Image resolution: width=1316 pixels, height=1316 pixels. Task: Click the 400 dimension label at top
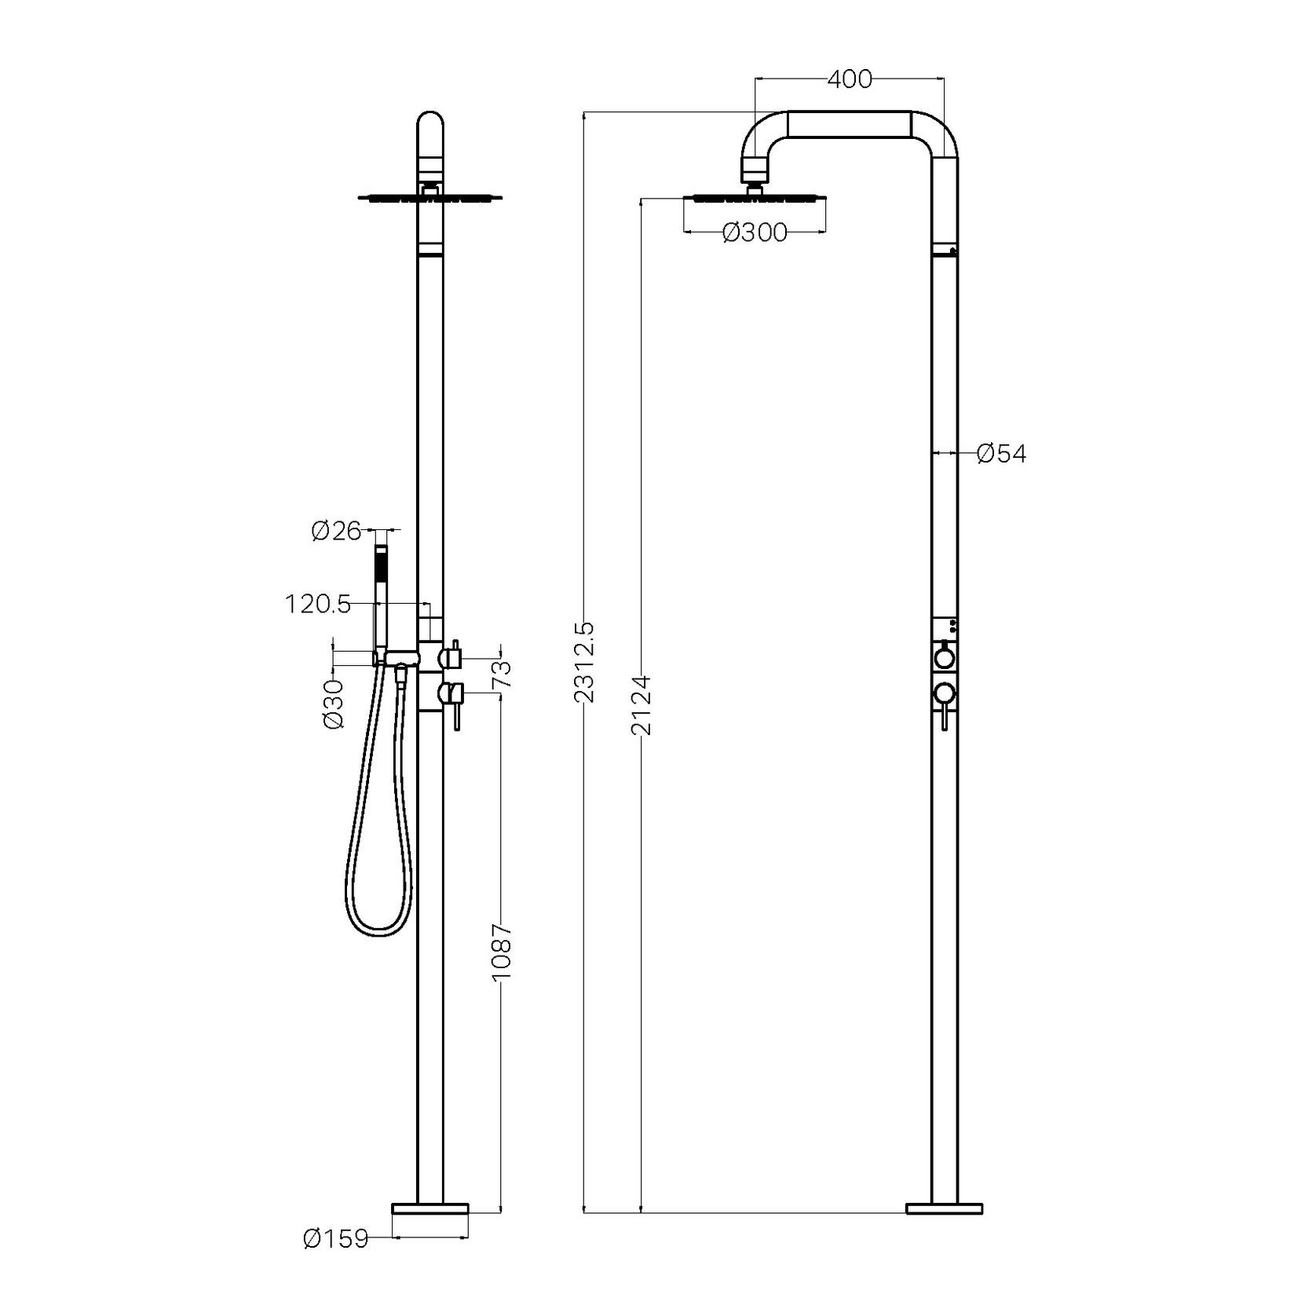tap(850, 79)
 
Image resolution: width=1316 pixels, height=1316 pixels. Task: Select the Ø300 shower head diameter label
tap(754, 232)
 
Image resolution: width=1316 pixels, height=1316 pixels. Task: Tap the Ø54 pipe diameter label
tap(1001, 454)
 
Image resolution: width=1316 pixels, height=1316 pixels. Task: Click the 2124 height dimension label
tap(642, 704)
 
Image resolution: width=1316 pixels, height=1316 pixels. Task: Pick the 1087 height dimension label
tap(502, 951)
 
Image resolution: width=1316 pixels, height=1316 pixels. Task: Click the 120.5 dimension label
tap(317, 604)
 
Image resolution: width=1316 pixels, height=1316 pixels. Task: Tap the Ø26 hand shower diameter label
tap(335, 532)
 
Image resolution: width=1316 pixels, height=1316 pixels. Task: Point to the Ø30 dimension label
tap(334, 704)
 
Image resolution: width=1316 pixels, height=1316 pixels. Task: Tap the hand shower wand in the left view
tap(381, 597)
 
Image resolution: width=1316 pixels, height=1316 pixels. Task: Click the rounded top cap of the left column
tap(430, 130)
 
